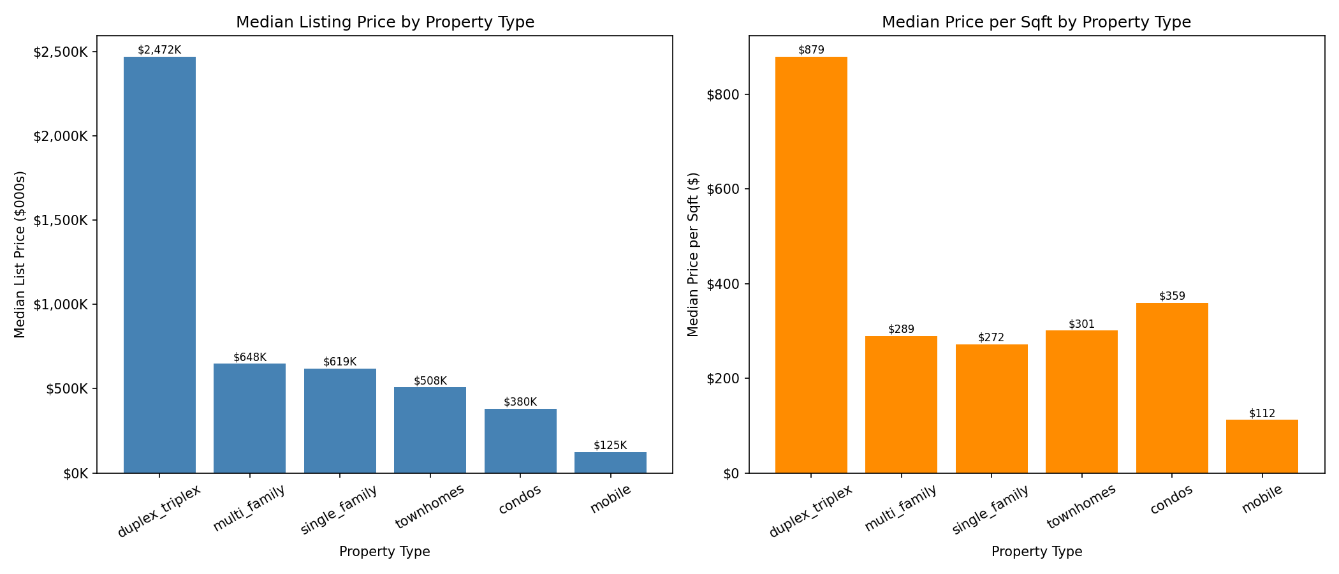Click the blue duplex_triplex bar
click(159, 265)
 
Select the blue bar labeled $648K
click(249, 418)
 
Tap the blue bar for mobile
click(610, 462)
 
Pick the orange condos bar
click(1172, 388)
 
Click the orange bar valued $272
click(991, 409)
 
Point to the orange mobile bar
click(1262, 446)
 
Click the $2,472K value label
click(159, 50)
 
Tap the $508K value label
click(430, 381)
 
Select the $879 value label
click(811, 50)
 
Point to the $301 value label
click(1081, 324)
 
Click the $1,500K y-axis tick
click(61, 221)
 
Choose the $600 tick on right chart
click(723, 189)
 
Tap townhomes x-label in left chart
click(430, 507)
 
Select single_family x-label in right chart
click(990, 510)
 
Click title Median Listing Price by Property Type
click(385, 22)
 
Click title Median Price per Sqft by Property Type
click(1036, 22)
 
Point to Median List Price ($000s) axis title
click(20, 254)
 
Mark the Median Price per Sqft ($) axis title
click(693, 254)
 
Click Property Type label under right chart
click(1036, 552)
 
